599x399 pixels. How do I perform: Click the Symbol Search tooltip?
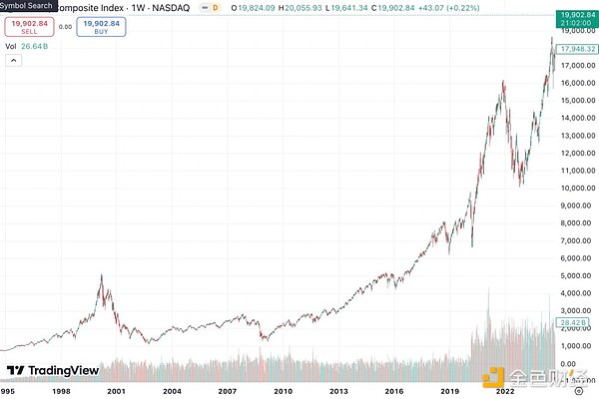coord(27,6)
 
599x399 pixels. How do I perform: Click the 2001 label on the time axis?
coord(118,391)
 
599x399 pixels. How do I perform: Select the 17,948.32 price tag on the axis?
coord(579,48)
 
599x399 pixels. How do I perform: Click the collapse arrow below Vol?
coord(12,61)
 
